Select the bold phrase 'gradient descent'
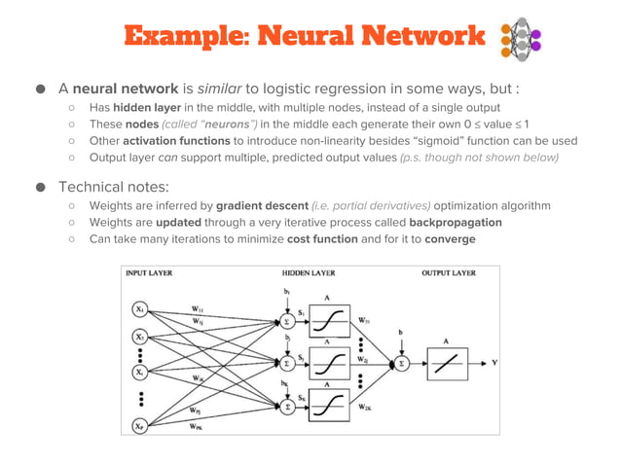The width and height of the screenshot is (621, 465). [262, 205]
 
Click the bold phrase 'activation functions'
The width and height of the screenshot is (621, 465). [176, 140]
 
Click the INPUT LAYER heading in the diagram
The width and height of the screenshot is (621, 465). [149, 273]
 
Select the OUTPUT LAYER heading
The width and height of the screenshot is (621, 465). [449, 273]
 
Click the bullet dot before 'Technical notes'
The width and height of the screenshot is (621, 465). [42, 186]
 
